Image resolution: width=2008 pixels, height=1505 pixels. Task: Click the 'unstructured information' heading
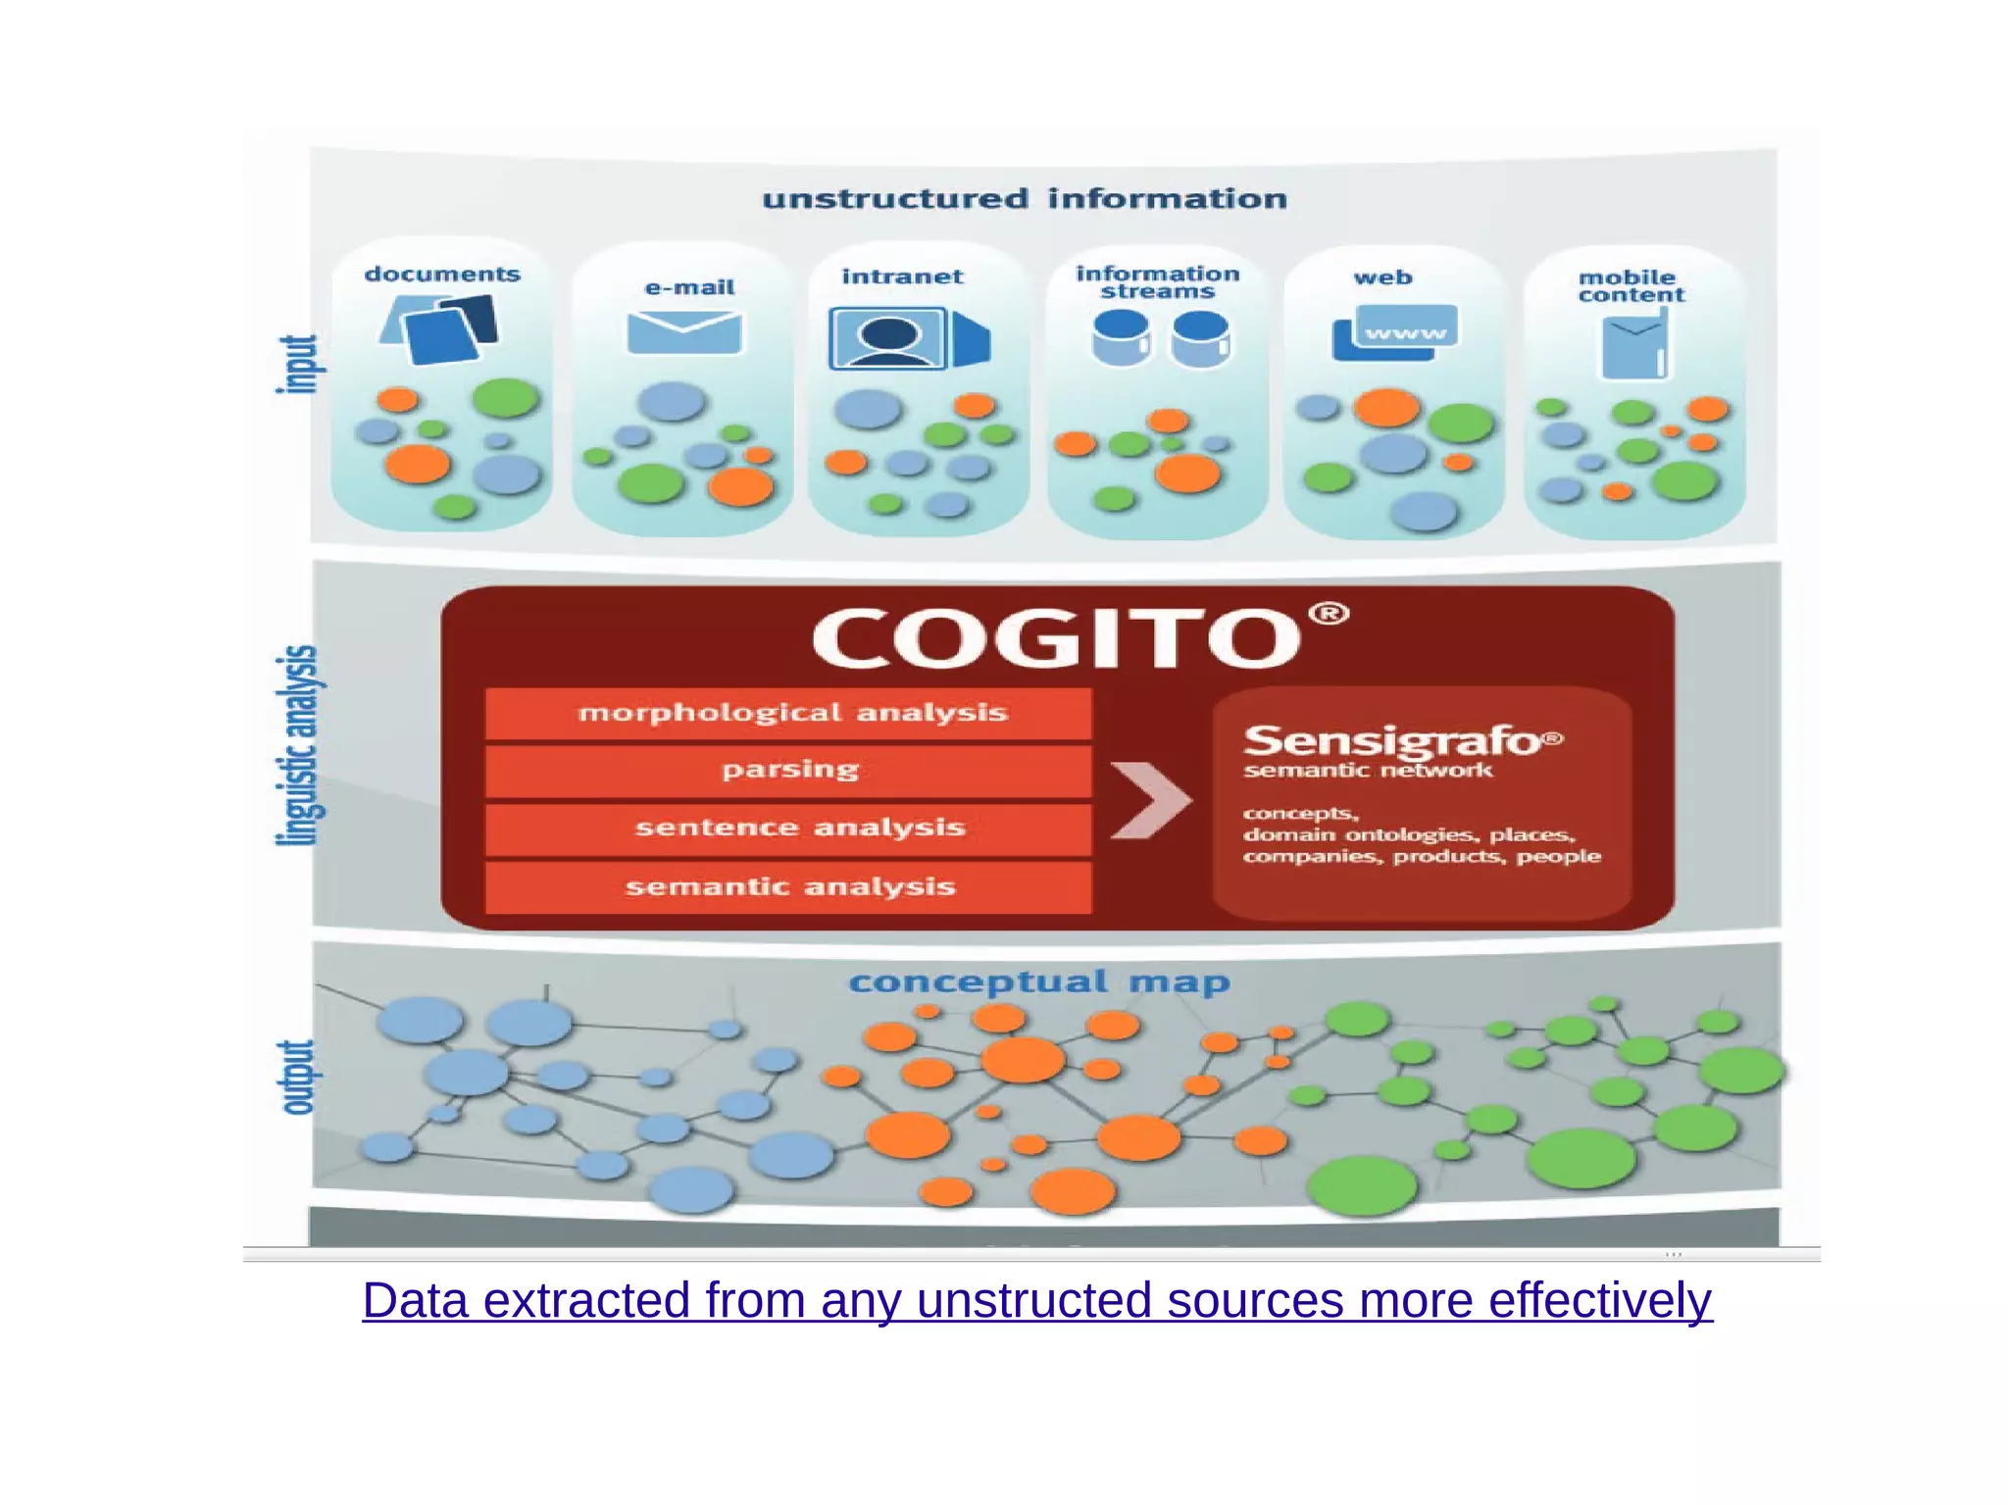(1025, 199)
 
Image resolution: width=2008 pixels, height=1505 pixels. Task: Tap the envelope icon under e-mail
(683, 331)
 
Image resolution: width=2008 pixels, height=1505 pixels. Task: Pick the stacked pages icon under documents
(440, 330)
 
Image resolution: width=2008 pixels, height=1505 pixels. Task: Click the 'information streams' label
(1157, 282)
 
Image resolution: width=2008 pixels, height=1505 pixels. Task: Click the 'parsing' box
(789, 771)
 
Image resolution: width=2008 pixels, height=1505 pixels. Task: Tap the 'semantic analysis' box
(789, 887)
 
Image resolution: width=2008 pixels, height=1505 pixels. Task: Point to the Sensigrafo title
(1393, 741)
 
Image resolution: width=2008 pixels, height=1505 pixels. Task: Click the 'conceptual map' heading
(1038, 981)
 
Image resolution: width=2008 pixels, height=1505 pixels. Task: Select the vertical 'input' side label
(298, 365)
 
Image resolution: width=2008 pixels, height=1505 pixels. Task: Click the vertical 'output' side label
(298, 1077)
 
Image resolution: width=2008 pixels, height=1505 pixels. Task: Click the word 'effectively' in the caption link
(1600, 1301)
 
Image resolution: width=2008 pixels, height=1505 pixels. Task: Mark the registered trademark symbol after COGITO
(1329, 615)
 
